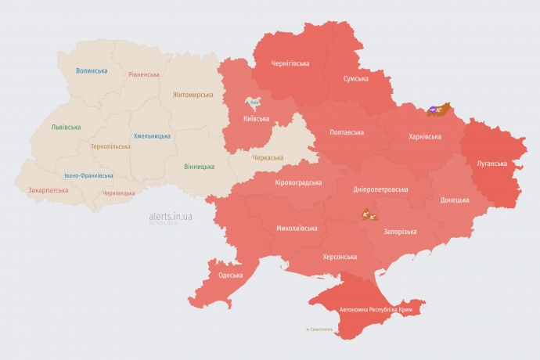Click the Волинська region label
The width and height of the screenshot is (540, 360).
[x=92, y=70]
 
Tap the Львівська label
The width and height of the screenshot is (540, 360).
[x=65, y=126]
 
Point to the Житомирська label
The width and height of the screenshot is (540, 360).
[x=193, y=95]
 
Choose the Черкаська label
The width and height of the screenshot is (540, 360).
[x=268, y=157]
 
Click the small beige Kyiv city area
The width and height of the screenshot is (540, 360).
[x=252, y=103]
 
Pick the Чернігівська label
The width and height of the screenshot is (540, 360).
[x=290, y=63]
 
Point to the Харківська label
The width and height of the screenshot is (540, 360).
[x=425, y=136]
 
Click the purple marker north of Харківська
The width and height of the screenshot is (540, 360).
[x=434, y=110]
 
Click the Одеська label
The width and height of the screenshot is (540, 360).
[x=230, y=275]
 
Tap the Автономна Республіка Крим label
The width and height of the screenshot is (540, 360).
[x=375, y=310]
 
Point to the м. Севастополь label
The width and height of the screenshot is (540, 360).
[x=319, y=329]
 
